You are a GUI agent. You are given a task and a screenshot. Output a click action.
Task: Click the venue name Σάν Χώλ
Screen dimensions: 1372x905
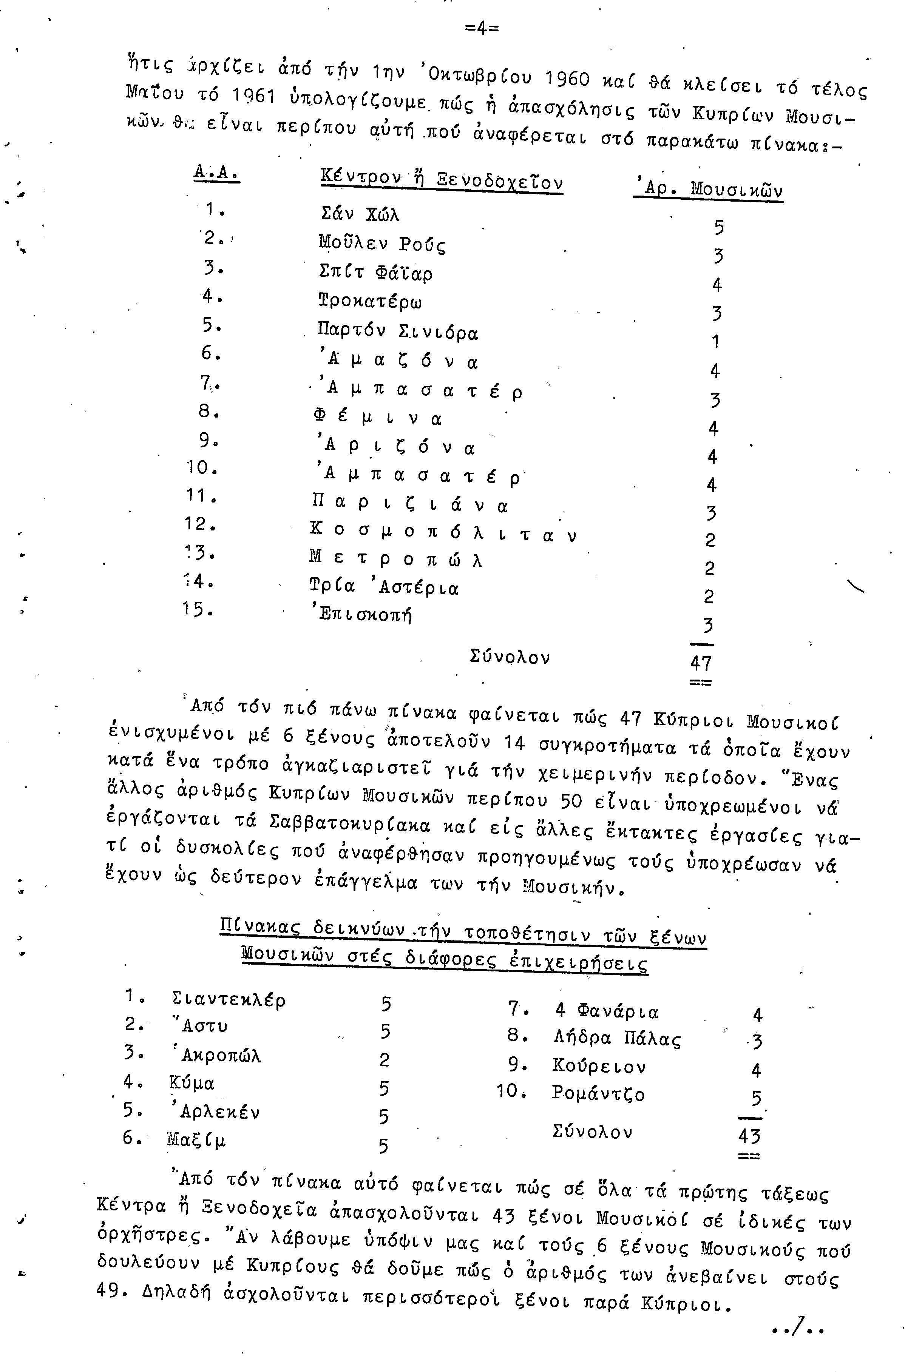[x=360, y=214]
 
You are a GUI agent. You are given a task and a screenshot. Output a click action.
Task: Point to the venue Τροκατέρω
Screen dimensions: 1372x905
[x=370, y=301]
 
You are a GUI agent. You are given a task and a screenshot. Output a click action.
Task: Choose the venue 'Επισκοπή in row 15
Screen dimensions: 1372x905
[x=361, y=615]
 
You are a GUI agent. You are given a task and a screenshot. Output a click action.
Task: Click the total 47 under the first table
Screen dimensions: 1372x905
[x=701, y=663]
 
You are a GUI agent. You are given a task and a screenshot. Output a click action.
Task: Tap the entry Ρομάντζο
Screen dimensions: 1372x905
[x=598, y=1093]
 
